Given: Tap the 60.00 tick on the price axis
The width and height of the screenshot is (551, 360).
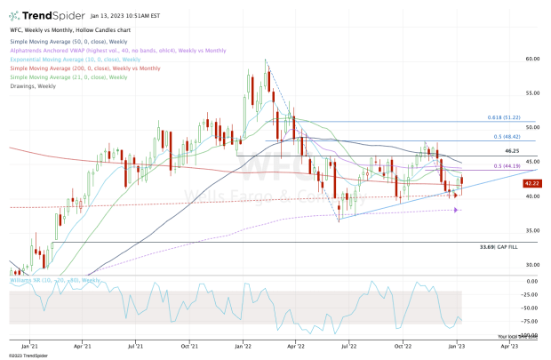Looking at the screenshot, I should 532,59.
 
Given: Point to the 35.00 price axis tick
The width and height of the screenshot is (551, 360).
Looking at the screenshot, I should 532,230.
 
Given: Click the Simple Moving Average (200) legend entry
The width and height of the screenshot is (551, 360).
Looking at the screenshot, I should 84,68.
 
